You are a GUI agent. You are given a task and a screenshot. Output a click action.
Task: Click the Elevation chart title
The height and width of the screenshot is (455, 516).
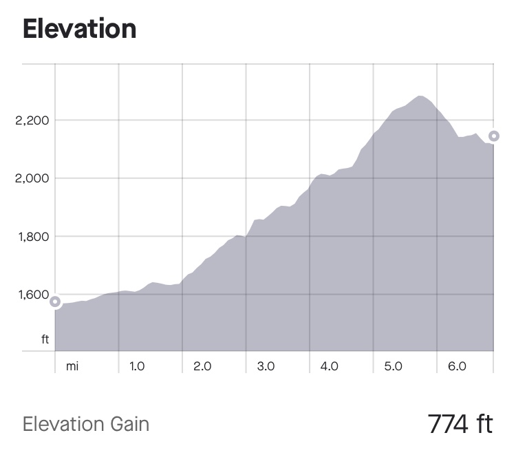(79, 29)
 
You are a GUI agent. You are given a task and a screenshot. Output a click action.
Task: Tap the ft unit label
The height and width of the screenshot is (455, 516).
(45, 339)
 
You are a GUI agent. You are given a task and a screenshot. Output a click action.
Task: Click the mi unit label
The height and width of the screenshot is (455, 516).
(72, 366)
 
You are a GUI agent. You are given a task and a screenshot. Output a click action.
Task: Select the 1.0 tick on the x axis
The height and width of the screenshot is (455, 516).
(137, 366)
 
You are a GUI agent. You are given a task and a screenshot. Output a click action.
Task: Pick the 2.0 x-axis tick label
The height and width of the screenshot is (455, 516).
(202, 366)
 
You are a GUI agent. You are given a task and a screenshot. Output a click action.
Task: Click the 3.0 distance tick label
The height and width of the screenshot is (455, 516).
(266, 366)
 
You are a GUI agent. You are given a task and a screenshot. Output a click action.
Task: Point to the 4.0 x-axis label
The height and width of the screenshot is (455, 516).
(330, 366)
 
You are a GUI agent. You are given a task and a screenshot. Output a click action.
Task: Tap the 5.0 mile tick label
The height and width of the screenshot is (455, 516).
(393, 366)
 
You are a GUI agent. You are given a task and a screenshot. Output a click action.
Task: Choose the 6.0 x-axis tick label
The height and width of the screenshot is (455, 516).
(457, 366)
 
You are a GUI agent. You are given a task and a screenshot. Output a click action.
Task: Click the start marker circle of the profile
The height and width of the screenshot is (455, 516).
(55, 301)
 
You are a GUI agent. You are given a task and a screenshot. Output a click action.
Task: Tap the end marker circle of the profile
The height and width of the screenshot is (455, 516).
(493, 136)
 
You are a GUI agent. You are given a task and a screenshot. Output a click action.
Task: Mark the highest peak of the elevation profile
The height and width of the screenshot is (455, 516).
(420, 96)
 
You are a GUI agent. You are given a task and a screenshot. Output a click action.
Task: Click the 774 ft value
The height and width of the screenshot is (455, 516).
(460, 423)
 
